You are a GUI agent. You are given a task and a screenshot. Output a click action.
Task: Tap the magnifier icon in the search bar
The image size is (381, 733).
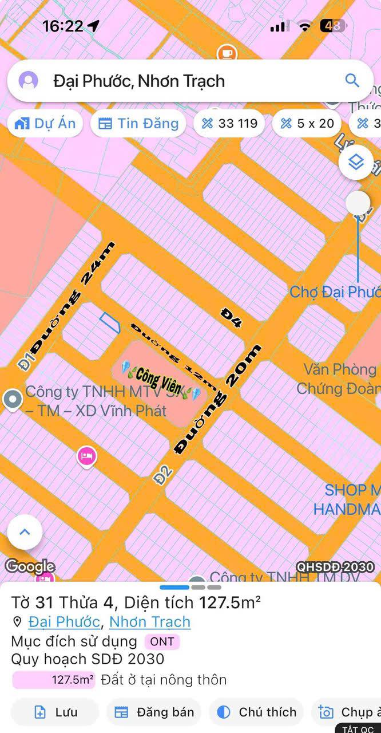[x=352, y=80]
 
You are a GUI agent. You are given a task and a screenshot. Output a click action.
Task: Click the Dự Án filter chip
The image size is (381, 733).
[x=45, y=123]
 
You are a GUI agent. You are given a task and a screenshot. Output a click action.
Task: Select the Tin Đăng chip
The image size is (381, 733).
[x=138, y=123]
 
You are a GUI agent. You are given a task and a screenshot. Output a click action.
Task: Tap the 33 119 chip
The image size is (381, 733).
[x=229, y=123]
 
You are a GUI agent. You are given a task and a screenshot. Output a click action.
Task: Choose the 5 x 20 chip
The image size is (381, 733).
[x=307, y=123]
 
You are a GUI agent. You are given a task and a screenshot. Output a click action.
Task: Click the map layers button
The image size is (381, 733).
[x=356, y=163]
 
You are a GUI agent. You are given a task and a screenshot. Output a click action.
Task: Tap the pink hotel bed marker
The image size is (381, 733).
[x=86, y=456]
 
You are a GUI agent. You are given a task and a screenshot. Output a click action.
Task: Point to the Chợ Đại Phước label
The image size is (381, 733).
[x=335, y=291]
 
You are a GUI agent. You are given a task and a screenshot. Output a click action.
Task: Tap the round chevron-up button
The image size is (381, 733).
[x=25, y=532]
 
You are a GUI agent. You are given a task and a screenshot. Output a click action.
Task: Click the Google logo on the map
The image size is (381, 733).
[x=30, y=567]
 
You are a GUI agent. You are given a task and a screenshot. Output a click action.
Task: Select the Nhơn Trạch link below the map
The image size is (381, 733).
[x=150, y=622]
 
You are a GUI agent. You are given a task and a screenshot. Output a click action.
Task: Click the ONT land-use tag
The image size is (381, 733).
[x=162, y=641]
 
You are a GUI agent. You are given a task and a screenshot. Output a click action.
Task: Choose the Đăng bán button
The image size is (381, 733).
[x=154, y=712]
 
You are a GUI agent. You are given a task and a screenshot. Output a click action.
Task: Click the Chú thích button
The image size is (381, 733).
[x=257, y=712]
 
